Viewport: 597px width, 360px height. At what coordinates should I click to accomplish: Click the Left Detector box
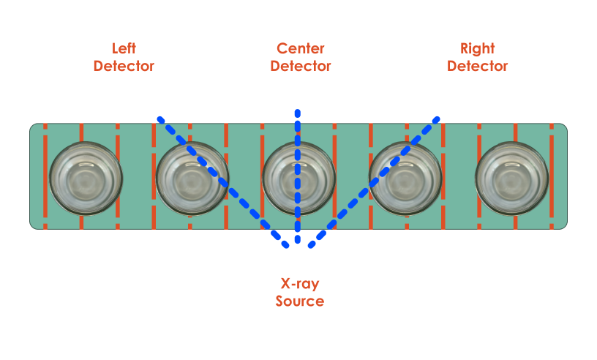coord(124,62)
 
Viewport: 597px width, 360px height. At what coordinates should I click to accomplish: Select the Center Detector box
coord(300,62)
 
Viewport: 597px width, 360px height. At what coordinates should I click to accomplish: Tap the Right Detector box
coord(477,62)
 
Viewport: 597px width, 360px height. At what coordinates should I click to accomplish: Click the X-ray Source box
coord(300,296)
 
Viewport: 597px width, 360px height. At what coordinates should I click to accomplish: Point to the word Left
coord(124,49)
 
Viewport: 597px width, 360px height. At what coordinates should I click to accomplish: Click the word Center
coord(300,49)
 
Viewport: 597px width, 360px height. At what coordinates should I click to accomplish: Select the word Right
coord(477,49)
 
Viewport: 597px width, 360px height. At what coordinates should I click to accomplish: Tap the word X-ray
coord(300,285)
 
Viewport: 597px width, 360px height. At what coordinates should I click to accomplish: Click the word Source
coord(300,301)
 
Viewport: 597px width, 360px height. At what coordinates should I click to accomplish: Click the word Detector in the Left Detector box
coord(124,66)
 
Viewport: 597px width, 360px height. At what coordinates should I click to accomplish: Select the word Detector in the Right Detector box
coord(477,66)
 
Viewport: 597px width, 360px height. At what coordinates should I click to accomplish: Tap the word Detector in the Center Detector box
coord(300,66)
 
